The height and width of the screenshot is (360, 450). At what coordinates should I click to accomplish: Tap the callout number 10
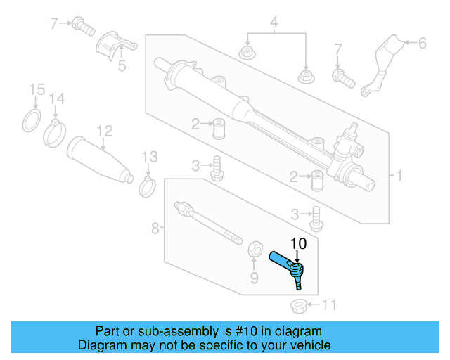click(x=299, y=243)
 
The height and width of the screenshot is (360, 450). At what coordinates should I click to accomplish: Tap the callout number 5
click(x=122, y=67)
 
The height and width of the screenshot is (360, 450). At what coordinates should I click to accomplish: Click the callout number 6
click(x=422, y=44)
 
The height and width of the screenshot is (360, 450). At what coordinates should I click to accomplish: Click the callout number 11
click(x=329, y=305)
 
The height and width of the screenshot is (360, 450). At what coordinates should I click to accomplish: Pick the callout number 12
click(x=104, y=130)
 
